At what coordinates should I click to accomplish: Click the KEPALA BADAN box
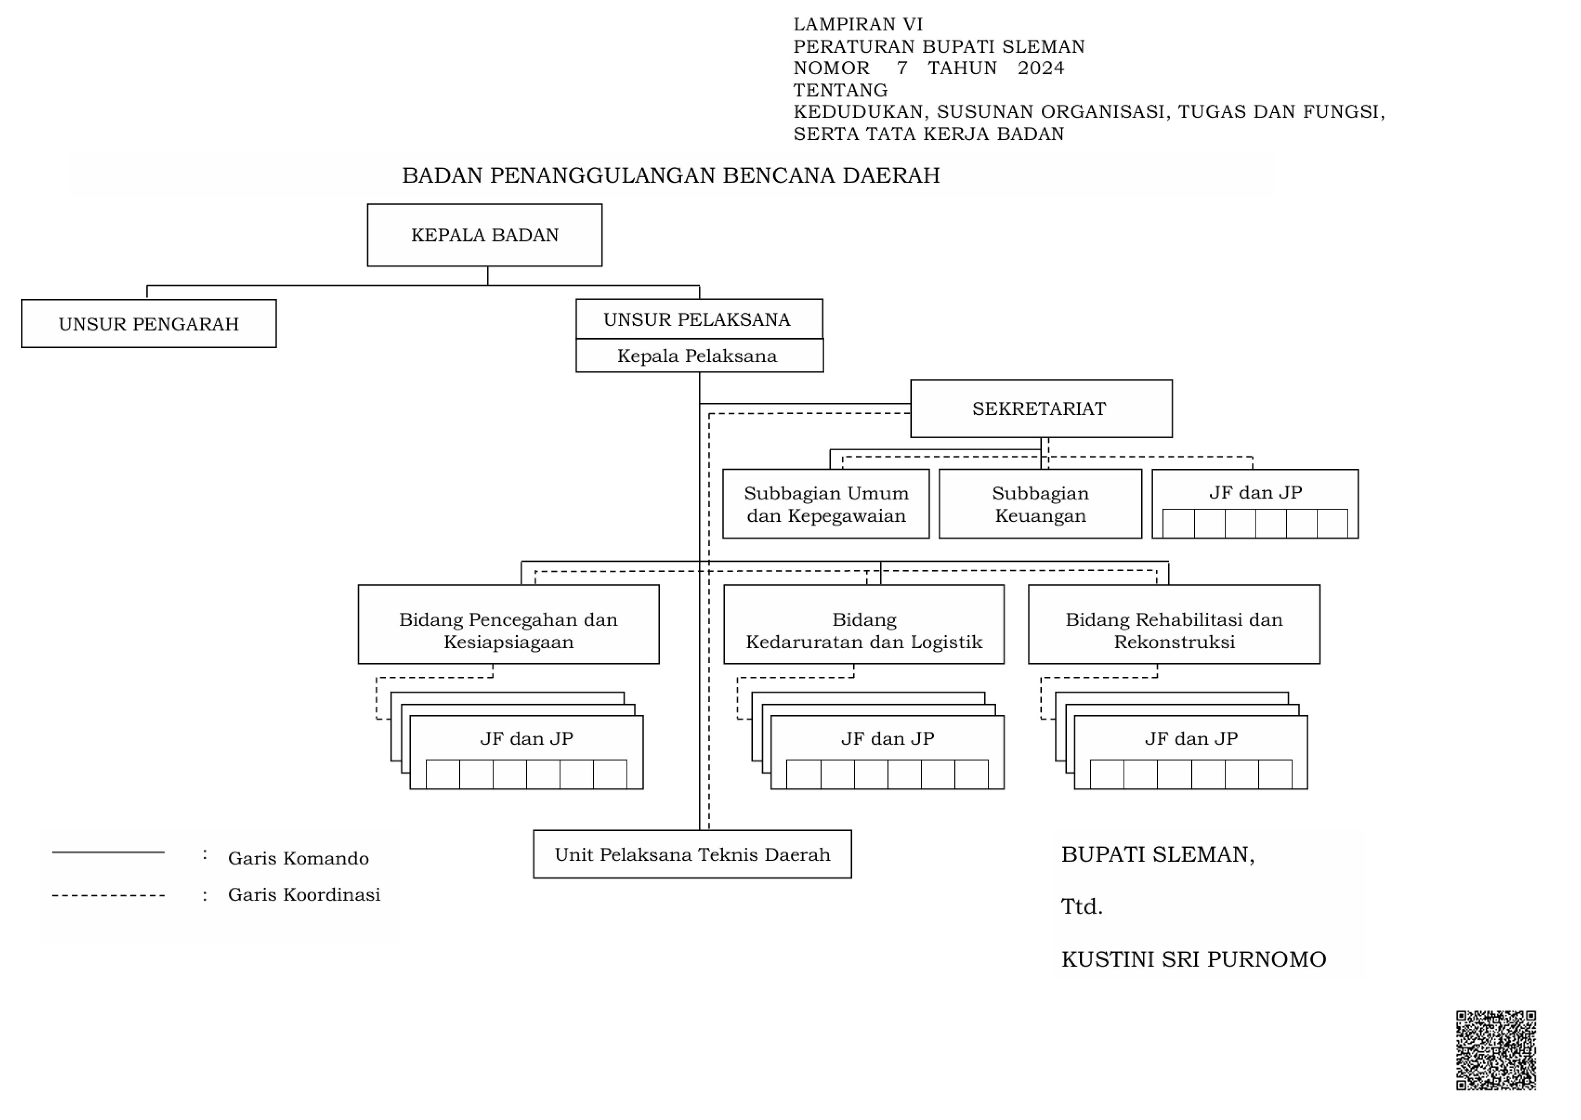click(x=484, y=235)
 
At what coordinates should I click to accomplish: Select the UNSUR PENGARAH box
click(x=149, y=323)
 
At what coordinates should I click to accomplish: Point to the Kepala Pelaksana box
click(x=699, y=356)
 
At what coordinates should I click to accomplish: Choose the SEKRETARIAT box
click(x=1041, y=408)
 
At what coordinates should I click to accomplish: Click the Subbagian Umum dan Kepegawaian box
click(x=826, y=504)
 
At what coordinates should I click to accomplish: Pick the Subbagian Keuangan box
click(x=1040, y=504)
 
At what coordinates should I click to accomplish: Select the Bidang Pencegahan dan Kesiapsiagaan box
click(x=509, y=624)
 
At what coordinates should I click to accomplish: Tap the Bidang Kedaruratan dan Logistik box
click(x=864, y=624)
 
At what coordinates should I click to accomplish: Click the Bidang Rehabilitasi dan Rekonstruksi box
click(x=1174, y=624)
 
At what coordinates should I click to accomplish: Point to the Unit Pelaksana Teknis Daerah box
click(x=692, y=854)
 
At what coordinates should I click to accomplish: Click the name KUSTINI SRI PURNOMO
click(x=1193, y=959)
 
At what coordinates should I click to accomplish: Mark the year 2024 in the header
click(x=1041, y=68)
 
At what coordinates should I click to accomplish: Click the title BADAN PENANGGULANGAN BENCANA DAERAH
click(x=670, y=176)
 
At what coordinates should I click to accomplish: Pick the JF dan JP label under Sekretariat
click(x=1256, y=493)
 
